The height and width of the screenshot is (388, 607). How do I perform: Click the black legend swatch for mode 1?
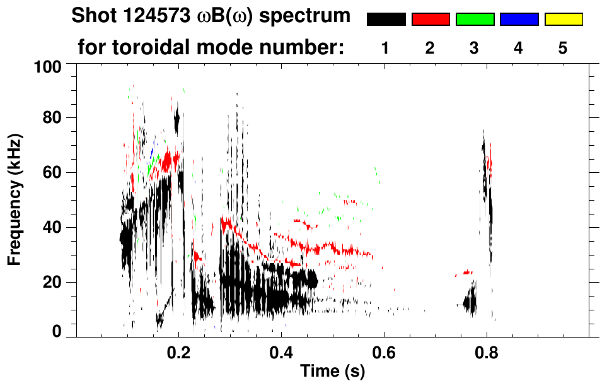pyautogui.click(x=386, y=20)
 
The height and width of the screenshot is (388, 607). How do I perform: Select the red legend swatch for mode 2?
pyautogui.click(x=431, y=20)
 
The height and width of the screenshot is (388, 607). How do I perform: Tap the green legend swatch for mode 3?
pyautogui.click(x=475, y=20)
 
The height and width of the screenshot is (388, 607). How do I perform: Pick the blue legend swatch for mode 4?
pyautogui.click(x=519, y=20)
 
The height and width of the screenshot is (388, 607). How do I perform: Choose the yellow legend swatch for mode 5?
pyautogui.click(x=563, y=20)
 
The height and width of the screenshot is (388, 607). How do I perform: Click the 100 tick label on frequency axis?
pyautogui.click(x=50, y=66)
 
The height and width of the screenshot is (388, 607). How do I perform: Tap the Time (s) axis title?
pyautogui.click(x=332, y=372)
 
